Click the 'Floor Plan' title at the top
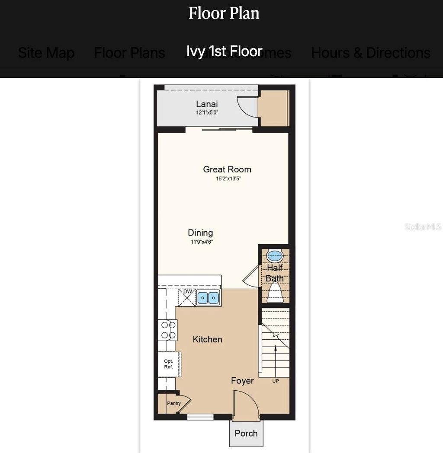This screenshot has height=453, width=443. [224, 13]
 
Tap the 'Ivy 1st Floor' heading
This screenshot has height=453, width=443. [224, 51]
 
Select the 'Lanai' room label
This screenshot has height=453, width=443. [207, 104]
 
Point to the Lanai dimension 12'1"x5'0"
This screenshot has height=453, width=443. [207, 112]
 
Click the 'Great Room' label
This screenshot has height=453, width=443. [227, 169]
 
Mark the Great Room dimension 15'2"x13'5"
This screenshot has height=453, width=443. [228, 178]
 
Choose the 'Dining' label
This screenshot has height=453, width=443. [200, 233]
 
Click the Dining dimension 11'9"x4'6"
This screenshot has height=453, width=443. [202, 242]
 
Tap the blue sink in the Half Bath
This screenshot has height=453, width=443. [274, 255]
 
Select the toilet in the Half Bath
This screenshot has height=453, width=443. [275, 294]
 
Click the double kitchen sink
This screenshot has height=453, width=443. [208, 298]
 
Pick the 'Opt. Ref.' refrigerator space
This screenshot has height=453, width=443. [169, 364]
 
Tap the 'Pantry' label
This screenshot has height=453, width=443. [174, 403]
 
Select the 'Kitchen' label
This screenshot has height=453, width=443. [208, 339]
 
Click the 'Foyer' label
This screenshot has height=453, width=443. [242, 381]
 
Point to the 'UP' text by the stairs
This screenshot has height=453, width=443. [276, 381]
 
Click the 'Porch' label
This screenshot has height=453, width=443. [246, 433]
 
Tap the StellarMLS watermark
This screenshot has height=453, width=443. [423, 226]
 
